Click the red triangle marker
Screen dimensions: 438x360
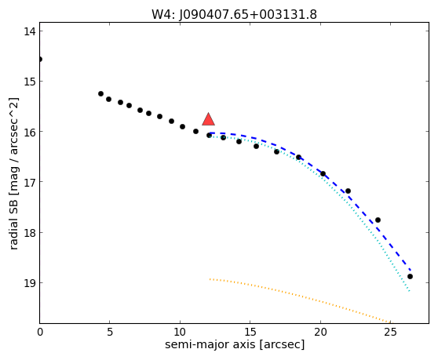pos(208,119)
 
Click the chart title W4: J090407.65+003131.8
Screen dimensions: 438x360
pos(234,15)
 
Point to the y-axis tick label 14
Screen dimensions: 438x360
pos(30,31)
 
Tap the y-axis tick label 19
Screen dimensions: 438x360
pos(30,283)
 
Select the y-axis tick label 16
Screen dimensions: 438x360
pos(30,132)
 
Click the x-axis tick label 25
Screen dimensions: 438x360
pos(391,332)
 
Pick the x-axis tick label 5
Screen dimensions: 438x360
pos(110,332)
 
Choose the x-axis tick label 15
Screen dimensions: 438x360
pos(250,332)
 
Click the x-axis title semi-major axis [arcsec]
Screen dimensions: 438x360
pos(235,344)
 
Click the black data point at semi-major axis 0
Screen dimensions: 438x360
pos(40,59)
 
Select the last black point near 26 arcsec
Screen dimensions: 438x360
pos(410,277)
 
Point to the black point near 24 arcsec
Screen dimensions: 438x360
pos(378,220)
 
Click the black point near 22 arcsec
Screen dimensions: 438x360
pos(348,191)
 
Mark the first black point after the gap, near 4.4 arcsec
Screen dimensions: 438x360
pos(100,94)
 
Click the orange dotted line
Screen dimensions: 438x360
pos(299,295)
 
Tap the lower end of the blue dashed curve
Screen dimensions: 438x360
pos(410,270)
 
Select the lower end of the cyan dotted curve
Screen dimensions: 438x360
pos(409,291)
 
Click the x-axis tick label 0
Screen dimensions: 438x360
pos(40,332)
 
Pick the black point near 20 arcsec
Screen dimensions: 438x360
pos(323,173)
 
